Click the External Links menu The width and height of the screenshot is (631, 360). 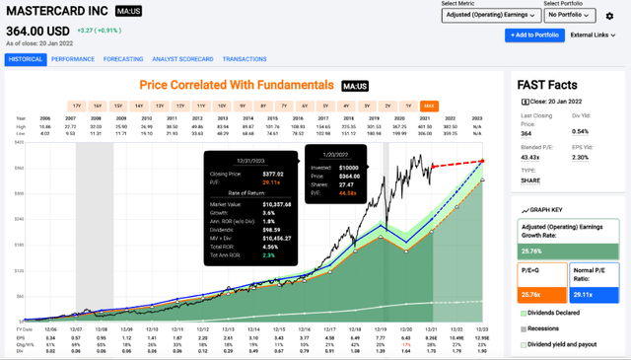coord(595,35)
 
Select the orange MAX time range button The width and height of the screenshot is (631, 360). coord(429,105)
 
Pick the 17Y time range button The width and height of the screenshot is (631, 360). coord(76,105)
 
